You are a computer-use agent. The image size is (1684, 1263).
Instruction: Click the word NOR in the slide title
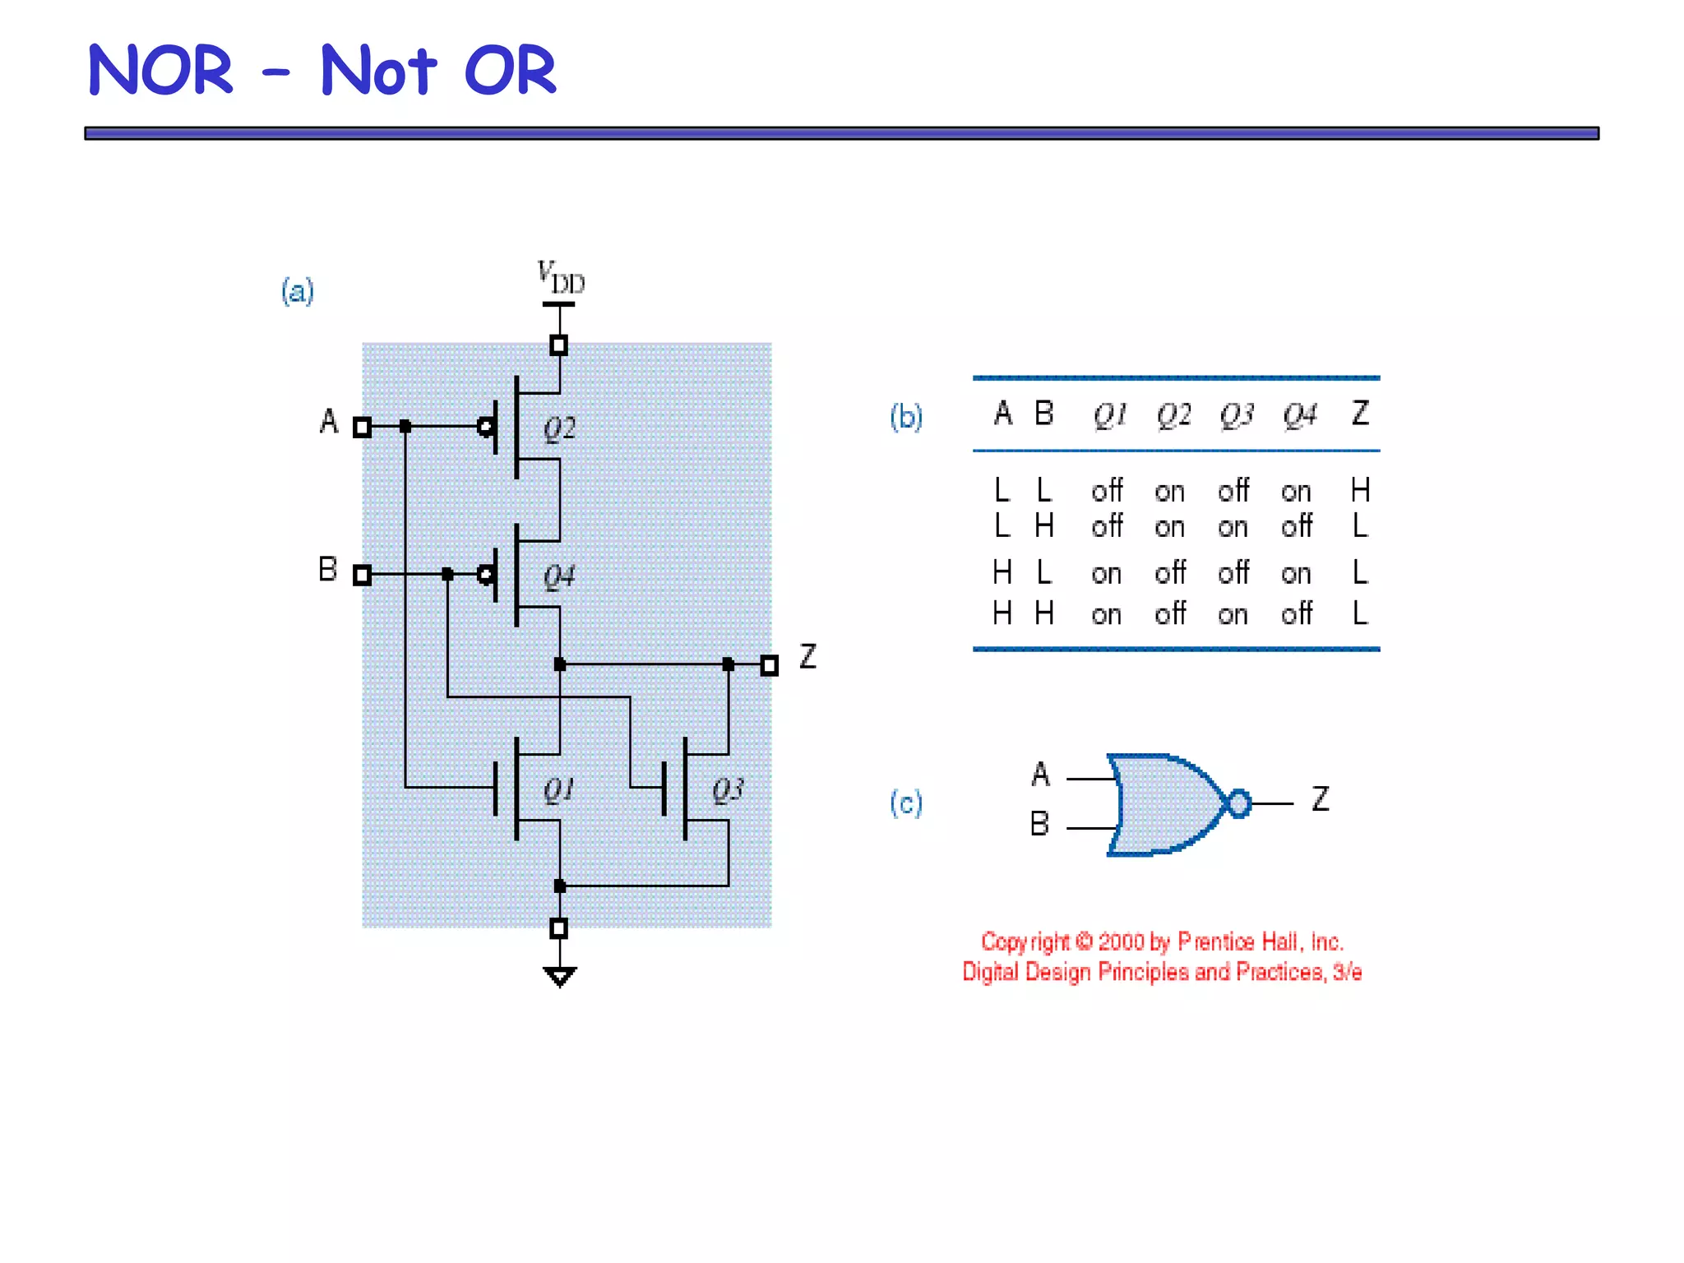pyautogui.click(x=161, y=71)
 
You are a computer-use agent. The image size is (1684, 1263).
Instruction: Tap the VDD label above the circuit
pyautogui.click(x=561, y=278)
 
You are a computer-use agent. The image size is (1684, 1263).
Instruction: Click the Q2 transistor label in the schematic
pyautogui.click(x=559, y=428)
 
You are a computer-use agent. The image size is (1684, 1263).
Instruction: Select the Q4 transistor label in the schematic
pyautogui.click(x=559, y=576)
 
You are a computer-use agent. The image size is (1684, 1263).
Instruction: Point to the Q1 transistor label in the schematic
pyautogui.click(x=559, y=790)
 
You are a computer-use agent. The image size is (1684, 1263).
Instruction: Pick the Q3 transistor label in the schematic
pyautogui.click(x=728, y=790)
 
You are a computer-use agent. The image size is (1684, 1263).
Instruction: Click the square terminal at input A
pyautogui.click(x=362, y=427)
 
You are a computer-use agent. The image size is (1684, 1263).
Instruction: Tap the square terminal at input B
pyautogui.click(x=362, y=575)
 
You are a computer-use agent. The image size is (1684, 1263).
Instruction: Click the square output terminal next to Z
pyautogui.click(x=769, y=665)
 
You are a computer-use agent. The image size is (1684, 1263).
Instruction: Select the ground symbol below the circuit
pyautogui.click(x=559, y=976)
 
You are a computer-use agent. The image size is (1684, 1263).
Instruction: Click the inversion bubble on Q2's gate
pyautogui.click(x=486, y=427)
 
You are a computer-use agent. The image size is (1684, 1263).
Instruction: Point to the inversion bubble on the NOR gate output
pyautogui.click(x=1238, y=803)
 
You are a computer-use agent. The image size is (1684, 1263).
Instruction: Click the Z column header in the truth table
pyautogui.click(x=1360, y=414)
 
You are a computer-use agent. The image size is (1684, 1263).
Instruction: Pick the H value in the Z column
pyautogui.click(x=1360, y=491)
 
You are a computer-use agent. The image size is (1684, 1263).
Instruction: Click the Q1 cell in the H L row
pyautogui.click(x=1107, y=573)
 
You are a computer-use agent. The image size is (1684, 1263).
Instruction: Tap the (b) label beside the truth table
pyautogui.click(x=906, y=417)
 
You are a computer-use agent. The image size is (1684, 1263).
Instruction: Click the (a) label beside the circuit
pyautogui.click(x=297, y=291)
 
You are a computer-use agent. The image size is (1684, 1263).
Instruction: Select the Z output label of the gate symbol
pyautogui.click(x=1321, y=798)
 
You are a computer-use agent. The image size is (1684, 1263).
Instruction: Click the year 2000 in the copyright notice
pyautogui.click(x=1121, y=942)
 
